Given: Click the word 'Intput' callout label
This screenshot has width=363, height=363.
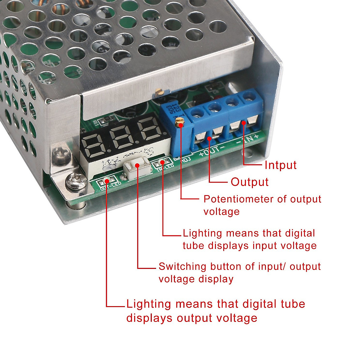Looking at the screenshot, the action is point(280,165).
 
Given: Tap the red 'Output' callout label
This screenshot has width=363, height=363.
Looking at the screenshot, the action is point(250,182).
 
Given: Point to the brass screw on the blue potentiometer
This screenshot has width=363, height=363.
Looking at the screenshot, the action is point(181,121).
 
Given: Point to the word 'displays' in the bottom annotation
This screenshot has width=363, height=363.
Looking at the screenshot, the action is point(149,318).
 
